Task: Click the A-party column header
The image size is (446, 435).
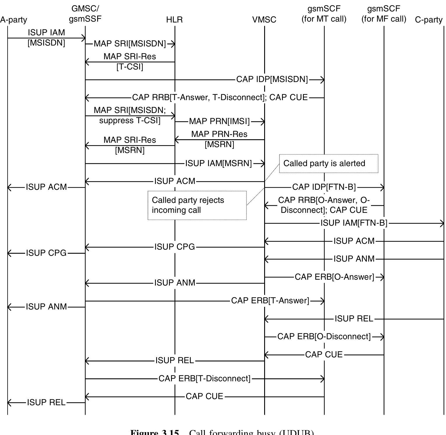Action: [x=14, y=20]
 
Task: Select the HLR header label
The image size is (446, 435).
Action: [x=174, y=20]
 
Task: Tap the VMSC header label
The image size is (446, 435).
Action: [x=264, y=20]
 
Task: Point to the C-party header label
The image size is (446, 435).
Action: [x=428, y=20]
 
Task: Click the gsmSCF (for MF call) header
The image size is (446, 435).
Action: [x=384, y=14]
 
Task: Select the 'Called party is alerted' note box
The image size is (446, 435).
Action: [x=328, y=163]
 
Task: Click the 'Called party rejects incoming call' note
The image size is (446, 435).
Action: [x=197, y=205]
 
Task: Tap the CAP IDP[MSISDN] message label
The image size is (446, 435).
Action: [x=272, y=79]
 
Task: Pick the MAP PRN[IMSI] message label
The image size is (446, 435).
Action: [x=219, y=121]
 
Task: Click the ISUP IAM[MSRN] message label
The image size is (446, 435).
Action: [x=218, y=163]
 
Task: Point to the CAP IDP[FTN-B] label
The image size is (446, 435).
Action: [x=324, y=187]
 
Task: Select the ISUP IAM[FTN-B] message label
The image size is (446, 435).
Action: [x=354, y=223]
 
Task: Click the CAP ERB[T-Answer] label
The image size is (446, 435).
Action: [x=270, y=301]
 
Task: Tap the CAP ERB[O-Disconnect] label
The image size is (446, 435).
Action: [x=324, y=337]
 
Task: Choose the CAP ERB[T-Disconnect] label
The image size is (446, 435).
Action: [x=204, y=379]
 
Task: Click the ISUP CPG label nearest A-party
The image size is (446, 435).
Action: [x=46, y=253]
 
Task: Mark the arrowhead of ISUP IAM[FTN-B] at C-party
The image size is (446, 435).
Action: [x=442, y=224]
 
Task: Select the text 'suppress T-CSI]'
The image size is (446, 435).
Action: [x=130, y=121]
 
